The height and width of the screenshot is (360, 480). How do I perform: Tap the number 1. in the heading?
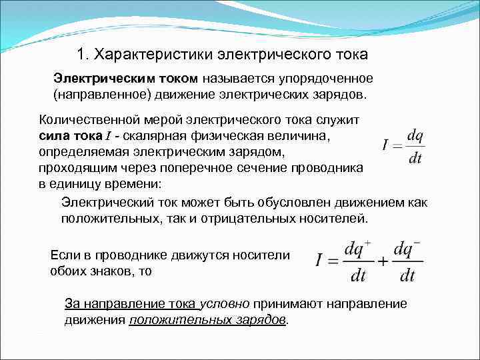click(83, 53)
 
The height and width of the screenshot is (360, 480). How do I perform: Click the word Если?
click(65, 255)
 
